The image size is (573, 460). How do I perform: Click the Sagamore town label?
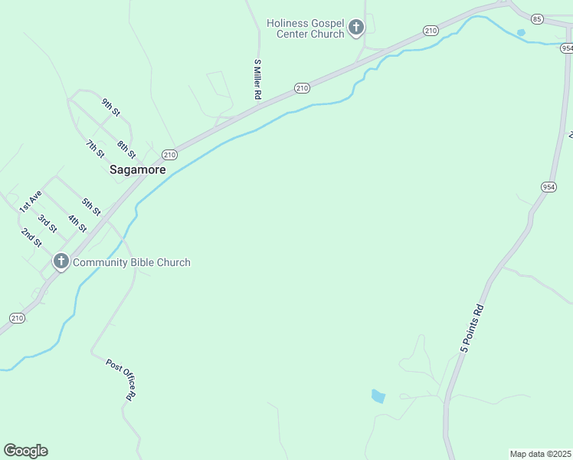(x=137, y=169)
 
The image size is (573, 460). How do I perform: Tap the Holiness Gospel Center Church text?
(x=306, y=28)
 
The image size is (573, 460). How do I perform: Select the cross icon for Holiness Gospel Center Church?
(x=355, y=28)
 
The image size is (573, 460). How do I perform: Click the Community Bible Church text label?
(x=131, y=262)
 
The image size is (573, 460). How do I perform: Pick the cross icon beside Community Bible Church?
(x=61, y=262)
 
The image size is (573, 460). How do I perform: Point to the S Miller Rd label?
(x=258, y=79)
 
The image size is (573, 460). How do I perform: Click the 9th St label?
(x=111, y=107)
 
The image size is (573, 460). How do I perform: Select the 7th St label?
(x=95, y=148)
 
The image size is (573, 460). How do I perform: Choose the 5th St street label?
(x=92, y=206)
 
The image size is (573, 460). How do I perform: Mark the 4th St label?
(x=77, y=224)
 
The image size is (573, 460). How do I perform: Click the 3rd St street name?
(x=47, y=223)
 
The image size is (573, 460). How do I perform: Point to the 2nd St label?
(x=31, y=237)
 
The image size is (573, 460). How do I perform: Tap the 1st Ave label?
(x=30, y=202)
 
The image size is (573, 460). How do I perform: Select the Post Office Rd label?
(x=121, y=379)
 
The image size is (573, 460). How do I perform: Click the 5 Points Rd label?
(x=473, y=329)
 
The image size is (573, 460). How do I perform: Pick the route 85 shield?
(x=537, y=18)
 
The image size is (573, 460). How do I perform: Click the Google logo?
(x=25, y=451)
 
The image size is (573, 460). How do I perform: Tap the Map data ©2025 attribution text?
(x=541, y=454)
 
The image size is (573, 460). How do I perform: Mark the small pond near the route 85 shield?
(x=521, y=33)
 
